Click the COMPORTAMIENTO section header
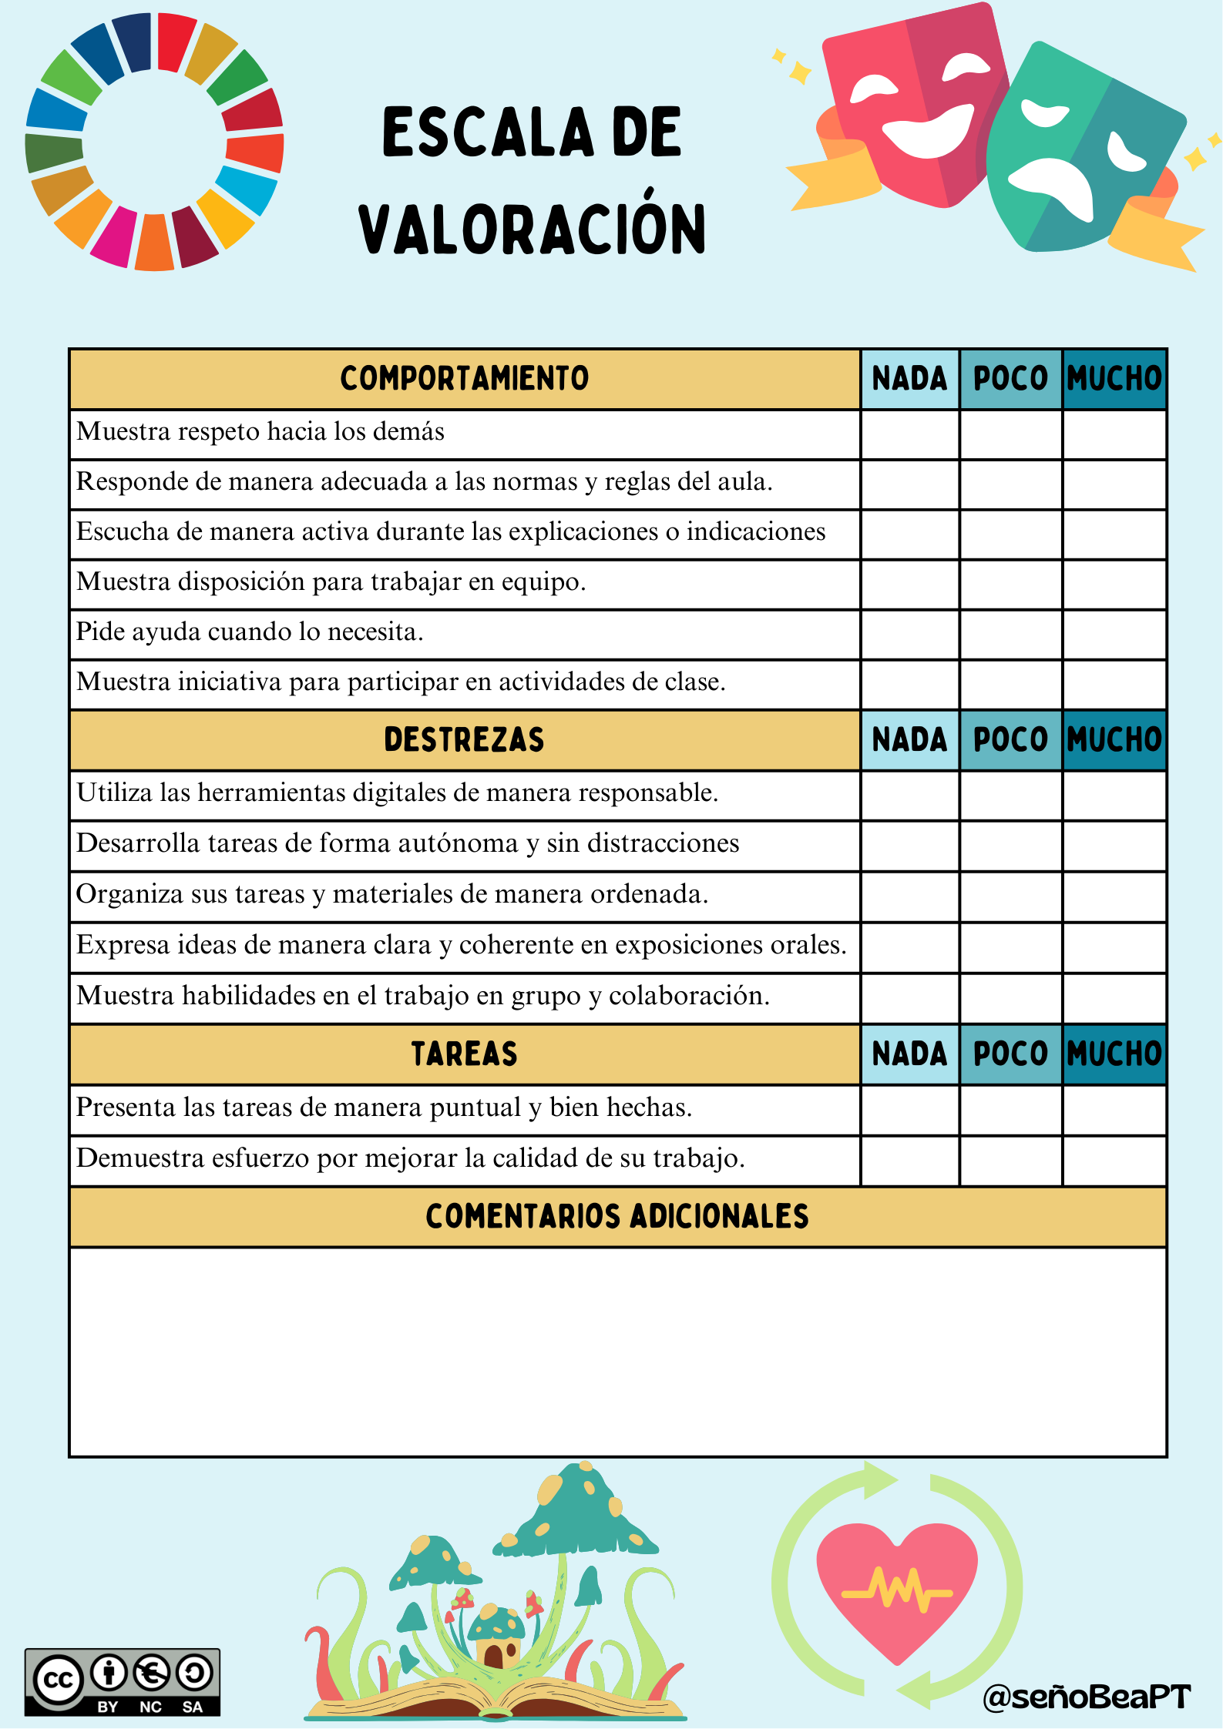click(464, 379)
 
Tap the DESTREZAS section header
click(464, 740)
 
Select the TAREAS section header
click(464, 1054)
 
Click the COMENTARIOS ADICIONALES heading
click(617, 1217)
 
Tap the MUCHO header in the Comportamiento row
click(1114, 379)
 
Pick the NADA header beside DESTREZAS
click(909, 740)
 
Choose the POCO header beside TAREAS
click(1010, 1054)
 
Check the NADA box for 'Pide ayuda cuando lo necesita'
click(909, 634)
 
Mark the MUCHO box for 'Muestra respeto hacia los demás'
click(1114, 434)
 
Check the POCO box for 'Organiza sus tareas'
click(1010, 896)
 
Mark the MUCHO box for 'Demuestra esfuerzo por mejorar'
click(1114, 1161)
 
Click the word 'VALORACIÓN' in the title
click(532, 229)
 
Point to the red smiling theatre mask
click(917, 108)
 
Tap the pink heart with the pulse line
click(896, 1587)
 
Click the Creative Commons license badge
click(122, 1682)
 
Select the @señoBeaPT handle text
click(1087, 1697)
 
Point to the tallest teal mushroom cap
click(574, 1510)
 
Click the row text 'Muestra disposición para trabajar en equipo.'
click(331, 582)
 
